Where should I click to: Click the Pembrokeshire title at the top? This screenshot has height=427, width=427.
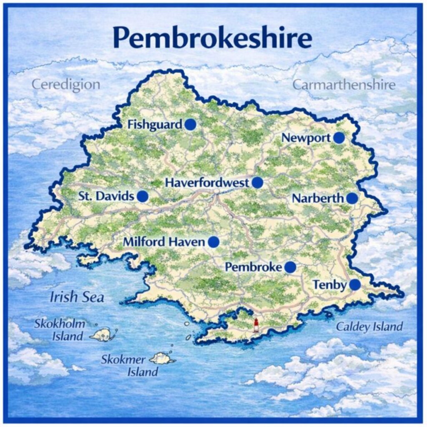(x=213, y=38)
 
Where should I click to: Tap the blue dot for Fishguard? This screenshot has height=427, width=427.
(x=191, y=124)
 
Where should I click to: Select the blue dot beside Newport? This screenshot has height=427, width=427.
(x=339, y=138)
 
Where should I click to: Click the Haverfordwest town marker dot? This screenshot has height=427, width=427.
(x=257, y=183)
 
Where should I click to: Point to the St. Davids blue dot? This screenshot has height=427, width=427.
(x=143, y=196)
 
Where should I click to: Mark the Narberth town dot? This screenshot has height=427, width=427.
(x=352, y=198)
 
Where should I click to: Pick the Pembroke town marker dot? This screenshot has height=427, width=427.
(x=290, y=267)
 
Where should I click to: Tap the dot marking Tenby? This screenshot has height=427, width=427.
(x=355, y=285)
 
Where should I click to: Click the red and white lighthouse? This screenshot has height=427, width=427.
(x=256, y=325)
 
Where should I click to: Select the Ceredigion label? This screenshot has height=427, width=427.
(x=66, y=85)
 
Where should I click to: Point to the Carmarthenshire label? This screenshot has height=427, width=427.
(x=344, y=85)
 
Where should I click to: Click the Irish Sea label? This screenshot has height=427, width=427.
(x=77, y=297)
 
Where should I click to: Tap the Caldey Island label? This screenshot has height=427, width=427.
(x=369, y=327)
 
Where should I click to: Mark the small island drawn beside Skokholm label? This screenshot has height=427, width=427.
(x=102, y=334)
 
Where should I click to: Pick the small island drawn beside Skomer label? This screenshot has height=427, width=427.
(x=161, y=358)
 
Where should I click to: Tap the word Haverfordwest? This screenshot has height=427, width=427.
(x=207, y=183)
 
